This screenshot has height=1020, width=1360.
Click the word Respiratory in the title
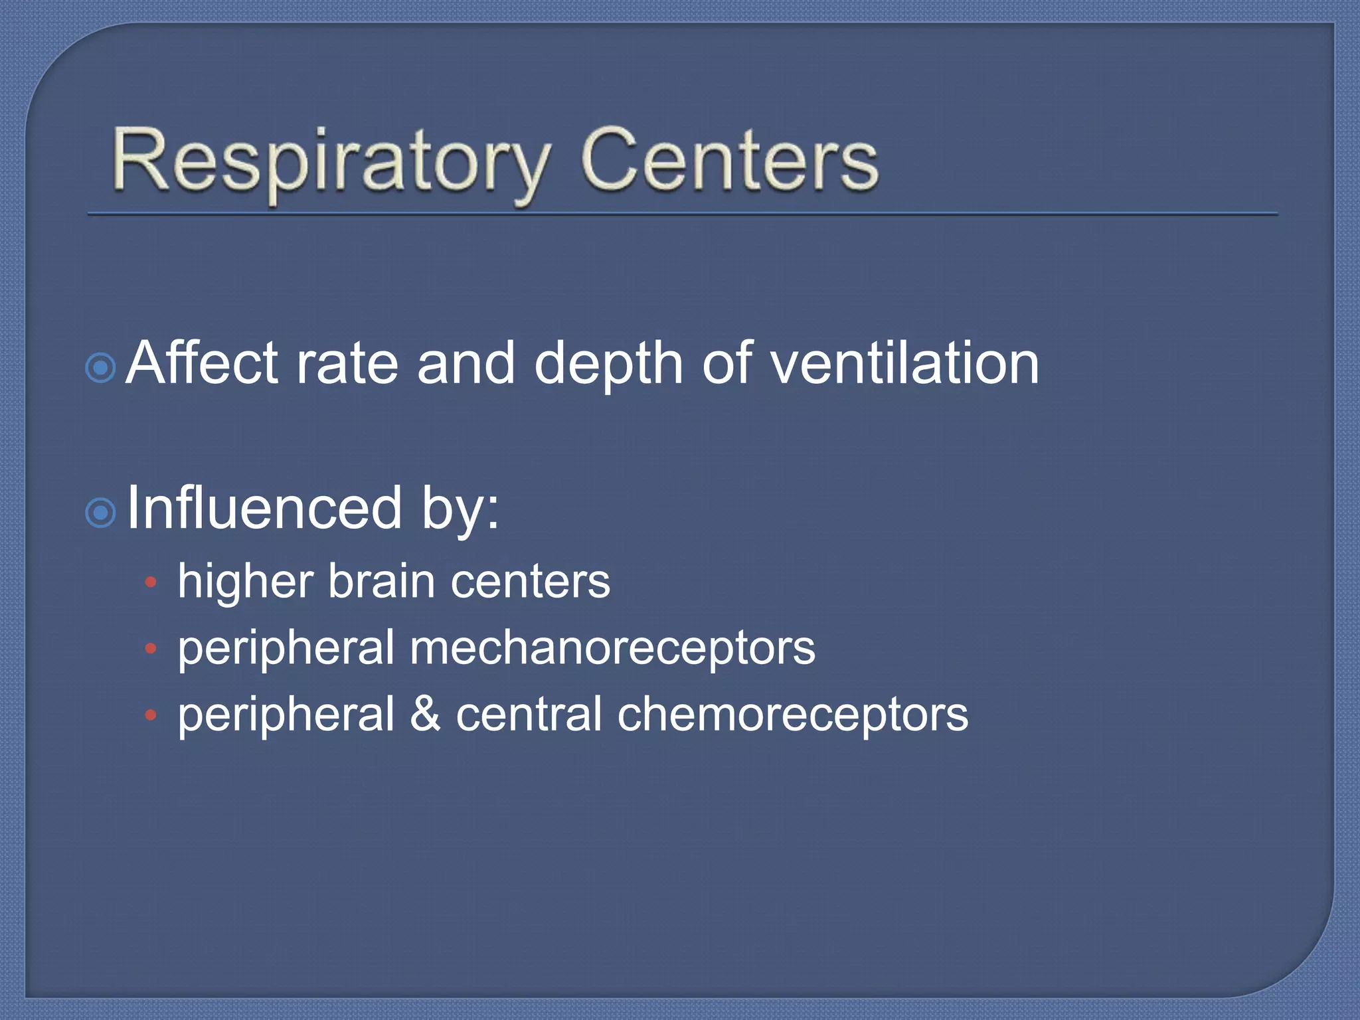[x=331, y=163]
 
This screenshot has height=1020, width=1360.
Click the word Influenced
[x=264, y=509]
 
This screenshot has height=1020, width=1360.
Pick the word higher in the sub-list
[x=246, y=582]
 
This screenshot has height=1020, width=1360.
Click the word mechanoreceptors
[x=612, y=647]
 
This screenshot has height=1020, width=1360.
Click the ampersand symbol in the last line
[x=426, y=714]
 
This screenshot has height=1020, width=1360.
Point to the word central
[x=529, y=714]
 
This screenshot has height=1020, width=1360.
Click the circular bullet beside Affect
[x=101, y=367]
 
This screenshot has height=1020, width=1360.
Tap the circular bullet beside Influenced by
[x=101, y=513]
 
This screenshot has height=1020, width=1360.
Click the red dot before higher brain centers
[x=151, y=582]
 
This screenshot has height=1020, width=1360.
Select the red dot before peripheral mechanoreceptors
[x=151, y=648]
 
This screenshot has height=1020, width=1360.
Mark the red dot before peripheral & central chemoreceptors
[x=151, y=715]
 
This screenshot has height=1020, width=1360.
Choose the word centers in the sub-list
[x=530, y=582]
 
